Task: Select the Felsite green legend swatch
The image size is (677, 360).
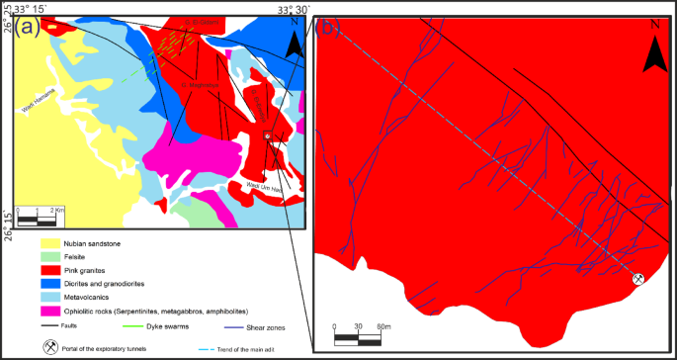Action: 49,256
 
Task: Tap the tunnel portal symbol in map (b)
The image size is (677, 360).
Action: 638,280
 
